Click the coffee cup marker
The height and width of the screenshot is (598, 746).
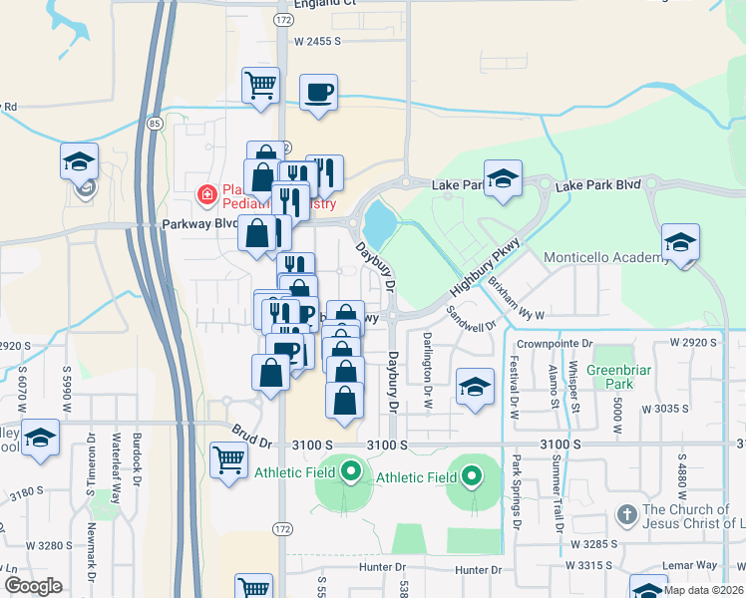[x=318, y=94]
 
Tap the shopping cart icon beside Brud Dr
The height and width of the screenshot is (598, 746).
[x=229, y=461]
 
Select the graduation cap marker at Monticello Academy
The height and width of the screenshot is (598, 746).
[x=680, y=243]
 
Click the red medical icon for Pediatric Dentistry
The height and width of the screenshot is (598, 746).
[x=206, y=193]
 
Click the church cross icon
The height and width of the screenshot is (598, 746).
[x=626, y=515]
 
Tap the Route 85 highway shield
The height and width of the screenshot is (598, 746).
[x=154, y=124]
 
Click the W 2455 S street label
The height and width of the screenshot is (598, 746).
[x=318, y=41]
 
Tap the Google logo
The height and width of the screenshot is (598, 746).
[x=33, y=586]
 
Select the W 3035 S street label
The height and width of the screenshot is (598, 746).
[x=667, y=409]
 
